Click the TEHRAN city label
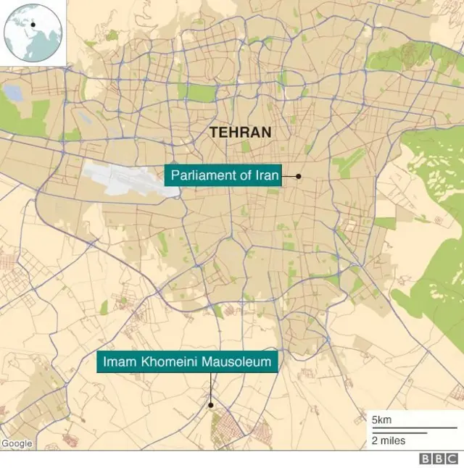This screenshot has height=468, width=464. [240, 133]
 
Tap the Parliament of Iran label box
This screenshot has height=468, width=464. [225, 176]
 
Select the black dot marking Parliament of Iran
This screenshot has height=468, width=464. [298, 176]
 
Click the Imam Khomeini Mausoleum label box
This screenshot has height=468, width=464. [188, 362]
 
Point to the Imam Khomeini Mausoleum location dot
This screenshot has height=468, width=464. [211, 405]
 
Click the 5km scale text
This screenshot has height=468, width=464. [381, 421]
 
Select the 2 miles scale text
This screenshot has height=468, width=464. [389, 440]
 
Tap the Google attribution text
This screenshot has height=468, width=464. [17, 443]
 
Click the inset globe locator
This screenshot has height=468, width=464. [33, 33]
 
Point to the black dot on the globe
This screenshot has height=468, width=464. [32, 25]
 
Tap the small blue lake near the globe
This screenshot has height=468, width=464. [13, 93]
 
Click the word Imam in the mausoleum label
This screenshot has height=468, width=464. [118, 362]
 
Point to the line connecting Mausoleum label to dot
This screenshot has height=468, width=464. [211, 388]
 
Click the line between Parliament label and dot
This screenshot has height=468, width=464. [289, 176]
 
